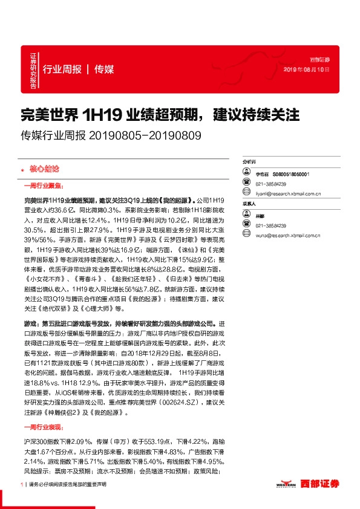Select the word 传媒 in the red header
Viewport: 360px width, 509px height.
[104, 68]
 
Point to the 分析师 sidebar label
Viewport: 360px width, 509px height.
[249, 163]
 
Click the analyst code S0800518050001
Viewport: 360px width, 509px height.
[290, 173]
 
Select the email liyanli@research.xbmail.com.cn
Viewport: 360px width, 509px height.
[288, 194]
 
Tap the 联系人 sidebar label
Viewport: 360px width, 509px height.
[249, 204]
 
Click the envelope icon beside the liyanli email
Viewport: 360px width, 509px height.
[247, 194]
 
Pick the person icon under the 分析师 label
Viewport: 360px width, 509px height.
[247, 173]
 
